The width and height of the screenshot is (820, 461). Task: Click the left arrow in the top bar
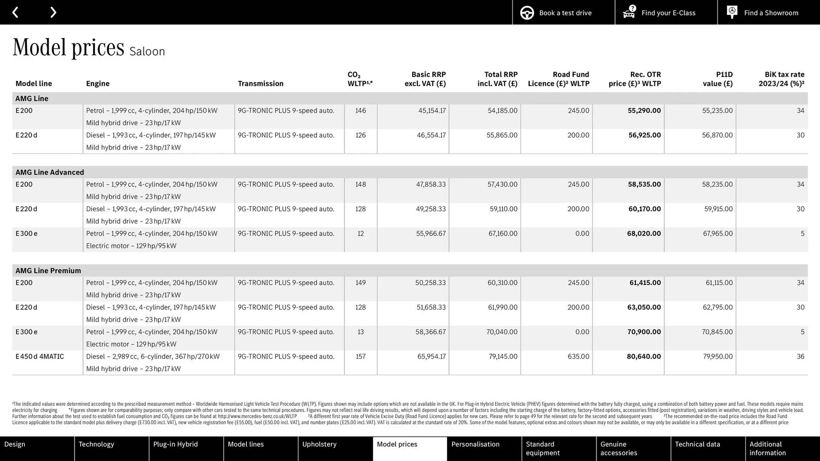(15, 12)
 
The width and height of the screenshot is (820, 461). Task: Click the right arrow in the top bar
(53, 12)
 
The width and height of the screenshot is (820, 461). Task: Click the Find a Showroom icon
(732, 12)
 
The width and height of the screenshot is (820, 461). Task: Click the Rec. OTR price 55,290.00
(644, 111)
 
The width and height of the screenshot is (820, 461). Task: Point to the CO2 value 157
(360, 356)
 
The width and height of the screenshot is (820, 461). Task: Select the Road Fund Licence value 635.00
(578, 356)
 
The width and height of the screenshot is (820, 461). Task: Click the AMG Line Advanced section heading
(50, 172)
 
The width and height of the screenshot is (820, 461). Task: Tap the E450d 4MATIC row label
(40, 356)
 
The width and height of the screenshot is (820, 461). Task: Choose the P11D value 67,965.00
(717, 233)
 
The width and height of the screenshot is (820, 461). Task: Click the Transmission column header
(261, 84)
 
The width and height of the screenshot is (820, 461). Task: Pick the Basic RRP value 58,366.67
(430, 332)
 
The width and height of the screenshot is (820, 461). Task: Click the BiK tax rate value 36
(800, 356)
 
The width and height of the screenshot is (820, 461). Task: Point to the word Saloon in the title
(147, 52)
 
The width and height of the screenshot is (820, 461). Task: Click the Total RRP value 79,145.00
(503, 356)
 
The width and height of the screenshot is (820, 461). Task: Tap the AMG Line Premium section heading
(48, 271)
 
